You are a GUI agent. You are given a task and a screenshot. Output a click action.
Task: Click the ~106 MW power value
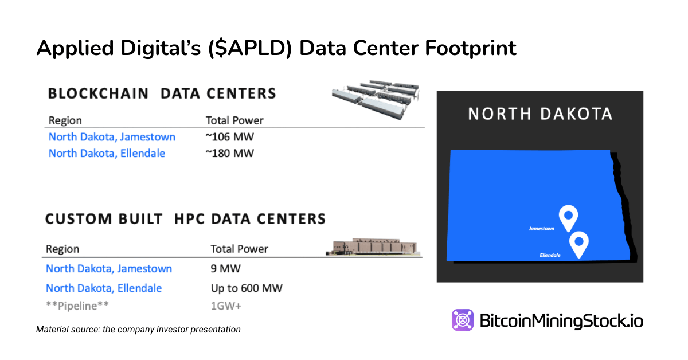(x=229, y=137)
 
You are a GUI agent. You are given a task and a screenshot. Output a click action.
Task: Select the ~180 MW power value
(x=229, y=153)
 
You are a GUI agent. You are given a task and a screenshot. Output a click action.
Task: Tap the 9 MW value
(x=224, y=268)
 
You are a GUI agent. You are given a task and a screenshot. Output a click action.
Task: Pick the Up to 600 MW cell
(x=247, y=288)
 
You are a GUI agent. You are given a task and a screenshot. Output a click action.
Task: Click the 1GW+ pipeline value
(x=226, y=306)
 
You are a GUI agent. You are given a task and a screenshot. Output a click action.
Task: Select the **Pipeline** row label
(x=77, y=306)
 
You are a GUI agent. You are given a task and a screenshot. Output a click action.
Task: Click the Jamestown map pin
(x=568, y=217)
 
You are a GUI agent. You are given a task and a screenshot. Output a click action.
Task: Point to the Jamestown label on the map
(x=541, y=229)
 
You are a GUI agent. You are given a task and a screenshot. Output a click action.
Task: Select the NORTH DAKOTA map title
(x=540, y=114)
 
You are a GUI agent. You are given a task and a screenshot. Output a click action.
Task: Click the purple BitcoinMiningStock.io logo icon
(x=462, y=320)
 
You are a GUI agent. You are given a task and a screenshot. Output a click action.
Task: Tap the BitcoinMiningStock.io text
(x=561, y=320)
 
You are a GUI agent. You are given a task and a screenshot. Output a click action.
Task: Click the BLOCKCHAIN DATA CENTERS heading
(x=162, y=93)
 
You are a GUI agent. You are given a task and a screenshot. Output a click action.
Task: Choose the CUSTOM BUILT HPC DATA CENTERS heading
(x=185, y=219)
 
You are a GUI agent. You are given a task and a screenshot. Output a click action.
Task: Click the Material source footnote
(x=138, y=330)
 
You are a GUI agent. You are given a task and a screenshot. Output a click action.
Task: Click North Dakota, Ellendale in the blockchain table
(x=107, y=153)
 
